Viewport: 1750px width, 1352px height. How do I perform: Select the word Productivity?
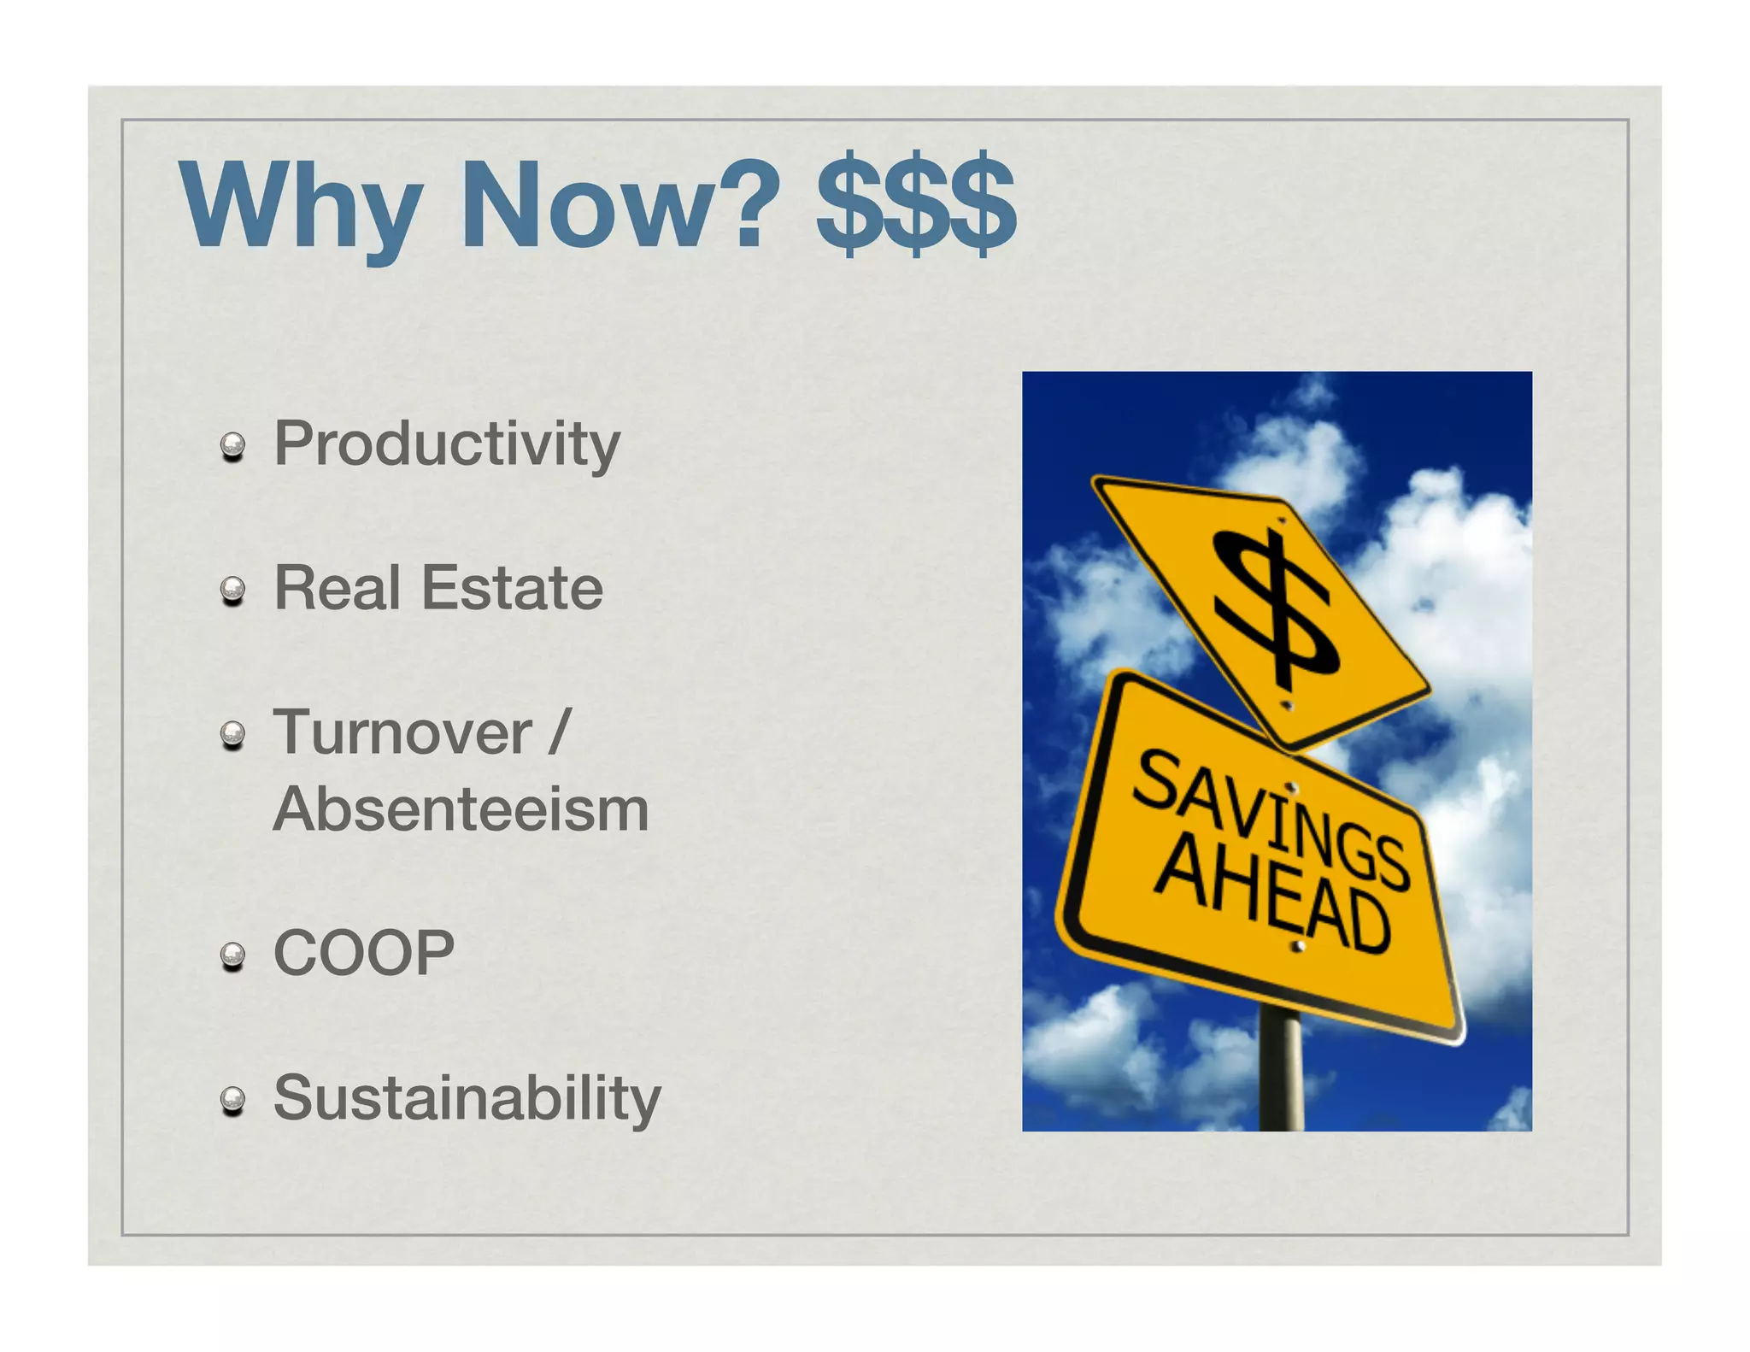[x=447, y=444]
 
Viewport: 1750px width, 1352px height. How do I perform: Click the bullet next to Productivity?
[x=232, y=446]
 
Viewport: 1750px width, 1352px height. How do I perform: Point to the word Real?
[x=337, y=588]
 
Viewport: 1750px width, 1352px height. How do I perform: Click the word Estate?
[x=512, y=588]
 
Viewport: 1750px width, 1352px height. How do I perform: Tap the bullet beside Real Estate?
[x=232, y=590]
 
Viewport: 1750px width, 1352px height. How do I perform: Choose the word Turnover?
[x=402, y=733]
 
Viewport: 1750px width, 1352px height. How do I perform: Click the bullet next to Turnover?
[x=232, y=735]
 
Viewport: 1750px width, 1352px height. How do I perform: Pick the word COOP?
[x=364, y=953]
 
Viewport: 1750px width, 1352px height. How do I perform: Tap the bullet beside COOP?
[x=232, y=955]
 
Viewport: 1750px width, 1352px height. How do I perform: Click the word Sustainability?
[x=467, y=1098]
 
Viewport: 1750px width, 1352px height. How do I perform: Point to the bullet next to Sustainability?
[x=232, y=1101]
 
